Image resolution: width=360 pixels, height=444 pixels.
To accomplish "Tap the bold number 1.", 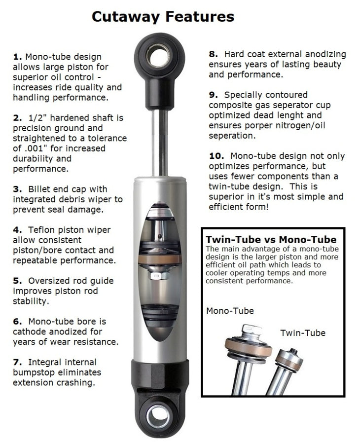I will click(x=15, y=56).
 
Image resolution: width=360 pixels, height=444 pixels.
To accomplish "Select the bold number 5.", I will click(x=15, y=281).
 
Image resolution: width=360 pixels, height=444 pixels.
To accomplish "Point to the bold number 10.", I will click(x=216, y=155).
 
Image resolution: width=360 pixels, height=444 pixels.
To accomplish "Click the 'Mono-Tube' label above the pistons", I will click(x=230, y=311).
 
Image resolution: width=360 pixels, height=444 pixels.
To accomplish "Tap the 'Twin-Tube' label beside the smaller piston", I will click(x=303, y=333).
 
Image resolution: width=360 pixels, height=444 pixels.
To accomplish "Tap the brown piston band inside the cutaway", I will click(x=159, y=259).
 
